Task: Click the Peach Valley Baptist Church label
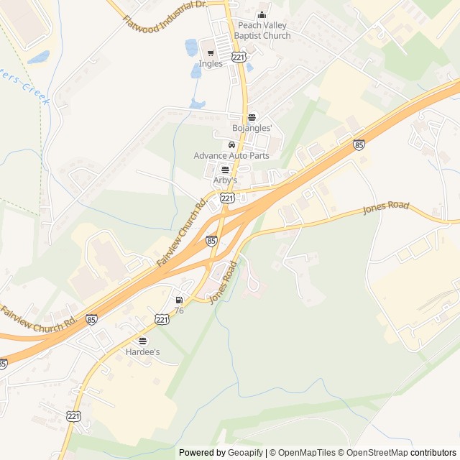(x=264, y=30)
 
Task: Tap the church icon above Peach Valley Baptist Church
(x=262, y=14)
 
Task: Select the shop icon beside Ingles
(x=211, y=51)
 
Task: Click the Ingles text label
(x=211, y=63)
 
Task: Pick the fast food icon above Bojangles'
(x=252, y=117)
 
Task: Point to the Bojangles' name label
(x=252, y=128)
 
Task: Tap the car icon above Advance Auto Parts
(x=231, y=144)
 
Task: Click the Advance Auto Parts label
(x=231, y=155)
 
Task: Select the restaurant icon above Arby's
(x=225, y=170)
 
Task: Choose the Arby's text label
(x=225, y=180)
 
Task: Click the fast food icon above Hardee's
(x=142, y=341)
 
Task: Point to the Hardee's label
(x=142, y=352)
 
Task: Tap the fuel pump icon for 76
(x=178, y=300)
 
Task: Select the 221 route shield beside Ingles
(x=239, y=56)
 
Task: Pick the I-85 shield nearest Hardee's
(x=91, y=319)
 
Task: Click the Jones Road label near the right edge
(x=386, y=207)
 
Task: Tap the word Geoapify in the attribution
(x=245, y=453)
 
